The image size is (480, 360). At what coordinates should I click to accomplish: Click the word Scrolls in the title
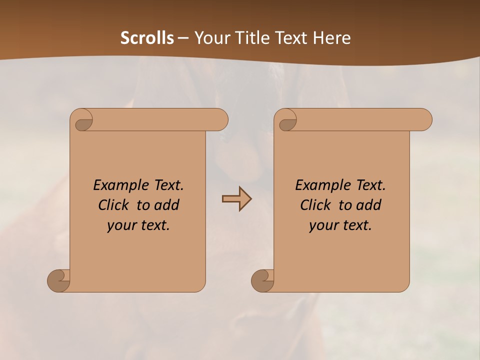[x=147, y=38]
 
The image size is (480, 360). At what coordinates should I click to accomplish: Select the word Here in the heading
[x=332, y=38]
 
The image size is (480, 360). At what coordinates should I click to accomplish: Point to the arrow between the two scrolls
[x=236, y=198]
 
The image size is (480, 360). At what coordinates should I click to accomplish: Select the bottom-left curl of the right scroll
[x=262, y=280]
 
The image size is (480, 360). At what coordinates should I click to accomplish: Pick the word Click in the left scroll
[x=114, y=205]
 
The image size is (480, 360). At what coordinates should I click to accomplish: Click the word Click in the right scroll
[x=316, y=205]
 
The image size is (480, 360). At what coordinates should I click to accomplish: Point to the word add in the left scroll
[x=167, y=205]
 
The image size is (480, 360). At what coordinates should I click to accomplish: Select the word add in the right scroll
[x=369, y=205]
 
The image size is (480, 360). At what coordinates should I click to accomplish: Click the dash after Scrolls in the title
[x=183, y=38]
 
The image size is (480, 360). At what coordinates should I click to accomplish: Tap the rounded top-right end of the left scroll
[x=220, y=119]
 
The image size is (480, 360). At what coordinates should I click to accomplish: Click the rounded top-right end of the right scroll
[x=424, y=119]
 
